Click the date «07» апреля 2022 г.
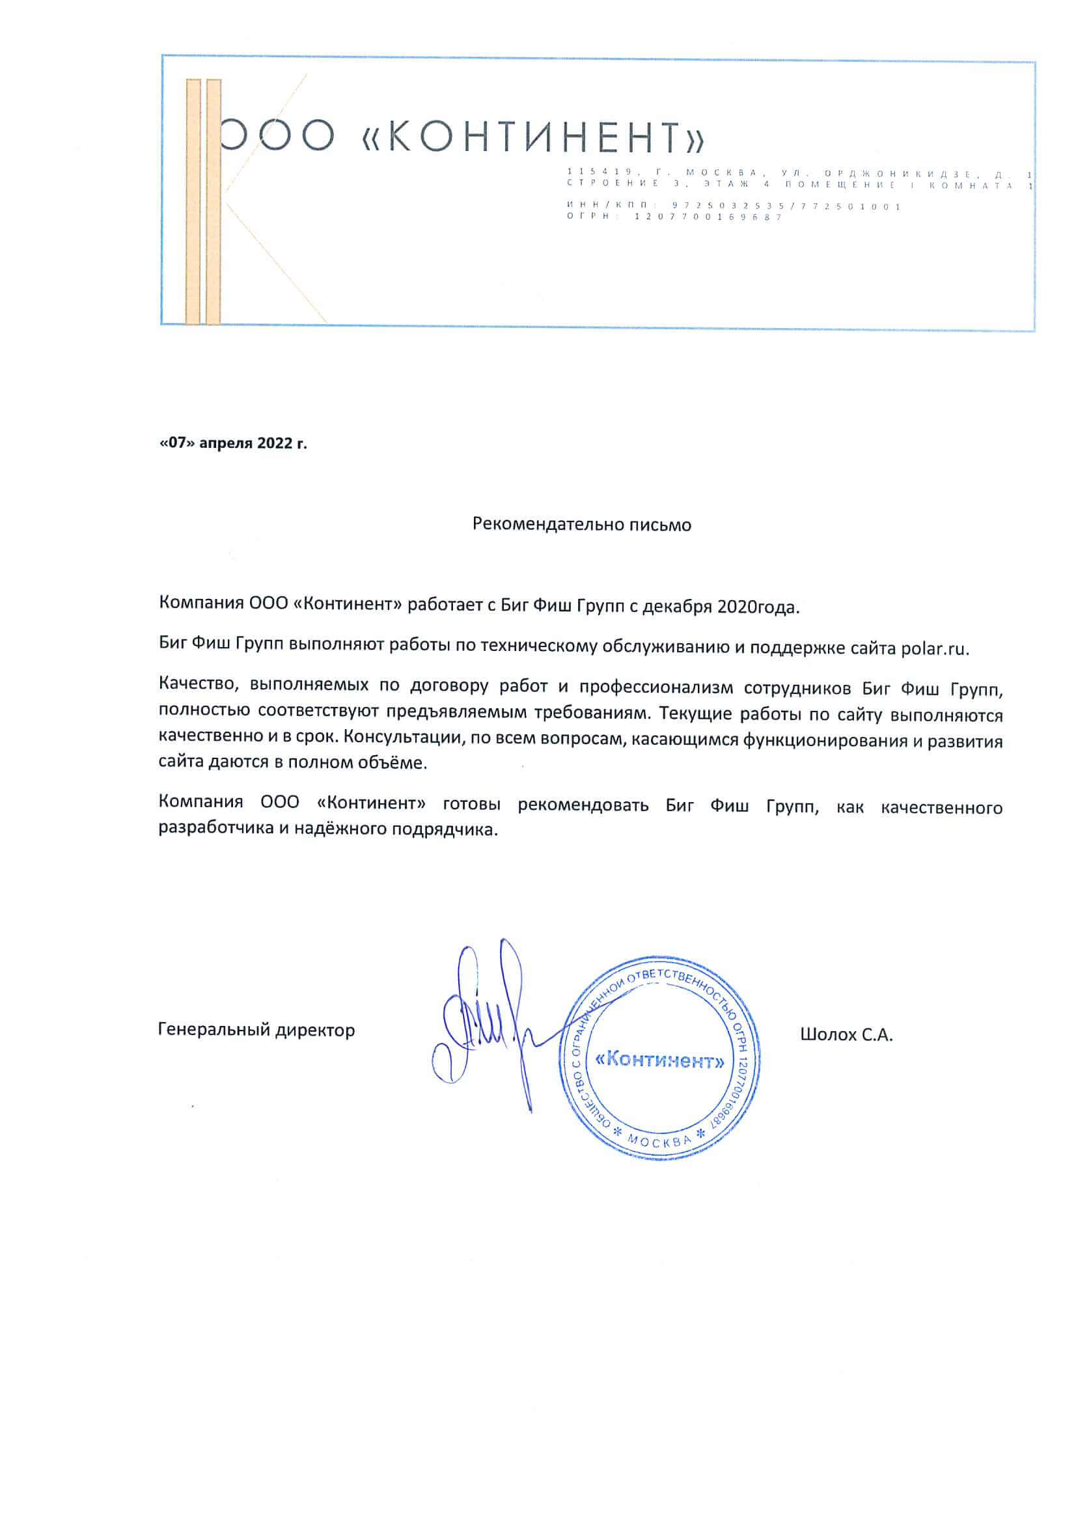(x=234, y=443)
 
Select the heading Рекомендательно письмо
(x=581, y=524)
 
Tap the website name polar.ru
(x=935, y=649)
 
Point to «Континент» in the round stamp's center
(x=659, y=1060)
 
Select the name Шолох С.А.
(x=846, y=1035)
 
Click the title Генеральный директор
(x=256, y=1030)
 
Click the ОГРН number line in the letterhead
(x=674, y=217)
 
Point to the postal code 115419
(x=600, y=173)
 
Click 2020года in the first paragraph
(x=758, y=607)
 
